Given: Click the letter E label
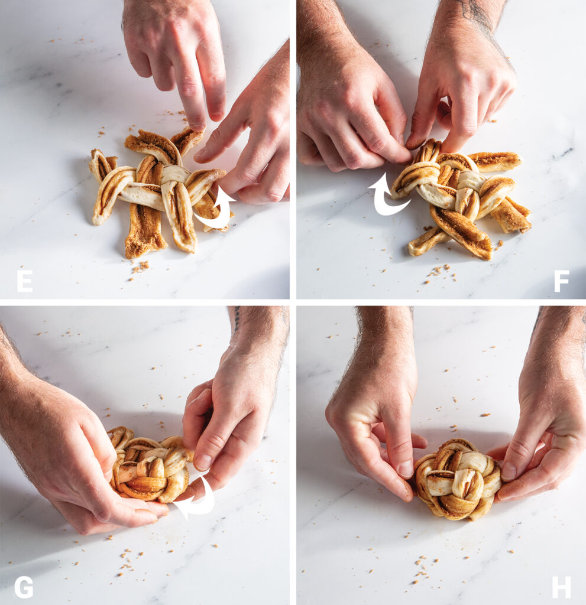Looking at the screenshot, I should [x=24, y=281].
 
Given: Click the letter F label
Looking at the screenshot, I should [x=561, y=281].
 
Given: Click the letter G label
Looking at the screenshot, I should [x=24, y=587].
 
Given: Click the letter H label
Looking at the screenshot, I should [x=561, y=587].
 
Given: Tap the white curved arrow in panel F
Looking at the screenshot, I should [x=386, y=196].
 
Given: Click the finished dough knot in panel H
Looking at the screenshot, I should [x=457, y=479].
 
